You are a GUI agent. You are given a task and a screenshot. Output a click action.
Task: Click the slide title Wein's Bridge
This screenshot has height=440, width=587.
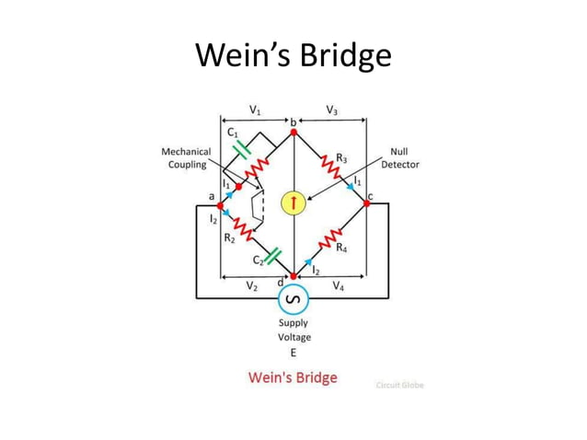[293, 56]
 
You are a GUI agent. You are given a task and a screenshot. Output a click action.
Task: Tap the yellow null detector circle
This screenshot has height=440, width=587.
[293, 203]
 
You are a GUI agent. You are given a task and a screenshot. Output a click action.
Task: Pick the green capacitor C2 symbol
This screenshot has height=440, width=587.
[273, 257]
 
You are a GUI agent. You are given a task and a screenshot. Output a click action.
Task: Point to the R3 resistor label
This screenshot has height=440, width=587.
[341, 159]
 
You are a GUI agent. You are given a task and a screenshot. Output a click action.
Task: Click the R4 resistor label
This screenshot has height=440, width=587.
[341, 248]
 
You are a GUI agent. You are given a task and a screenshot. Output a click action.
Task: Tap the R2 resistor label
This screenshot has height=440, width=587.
[230, 237]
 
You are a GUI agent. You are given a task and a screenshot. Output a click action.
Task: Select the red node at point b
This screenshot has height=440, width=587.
[293, 133]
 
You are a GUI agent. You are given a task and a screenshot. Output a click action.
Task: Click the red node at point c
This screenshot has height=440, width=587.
[366, 203]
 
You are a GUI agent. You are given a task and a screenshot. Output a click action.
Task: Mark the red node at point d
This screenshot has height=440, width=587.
[293, 275]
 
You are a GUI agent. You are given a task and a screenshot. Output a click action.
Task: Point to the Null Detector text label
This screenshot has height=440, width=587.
[400, 158]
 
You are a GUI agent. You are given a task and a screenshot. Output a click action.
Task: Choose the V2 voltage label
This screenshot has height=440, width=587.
[252, 287]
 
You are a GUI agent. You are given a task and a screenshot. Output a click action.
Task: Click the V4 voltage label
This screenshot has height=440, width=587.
[338, 287]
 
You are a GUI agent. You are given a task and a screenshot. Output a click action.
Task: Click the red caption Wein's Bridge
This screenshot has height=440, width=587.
[293, 377]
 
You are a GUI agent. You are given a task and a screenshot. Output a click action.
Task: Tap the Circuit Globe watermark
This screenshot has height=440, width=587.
[400, 385]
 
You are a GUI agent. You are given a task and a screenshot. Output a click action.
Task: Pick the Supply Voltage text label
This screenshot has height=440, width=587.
[293, 330]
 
